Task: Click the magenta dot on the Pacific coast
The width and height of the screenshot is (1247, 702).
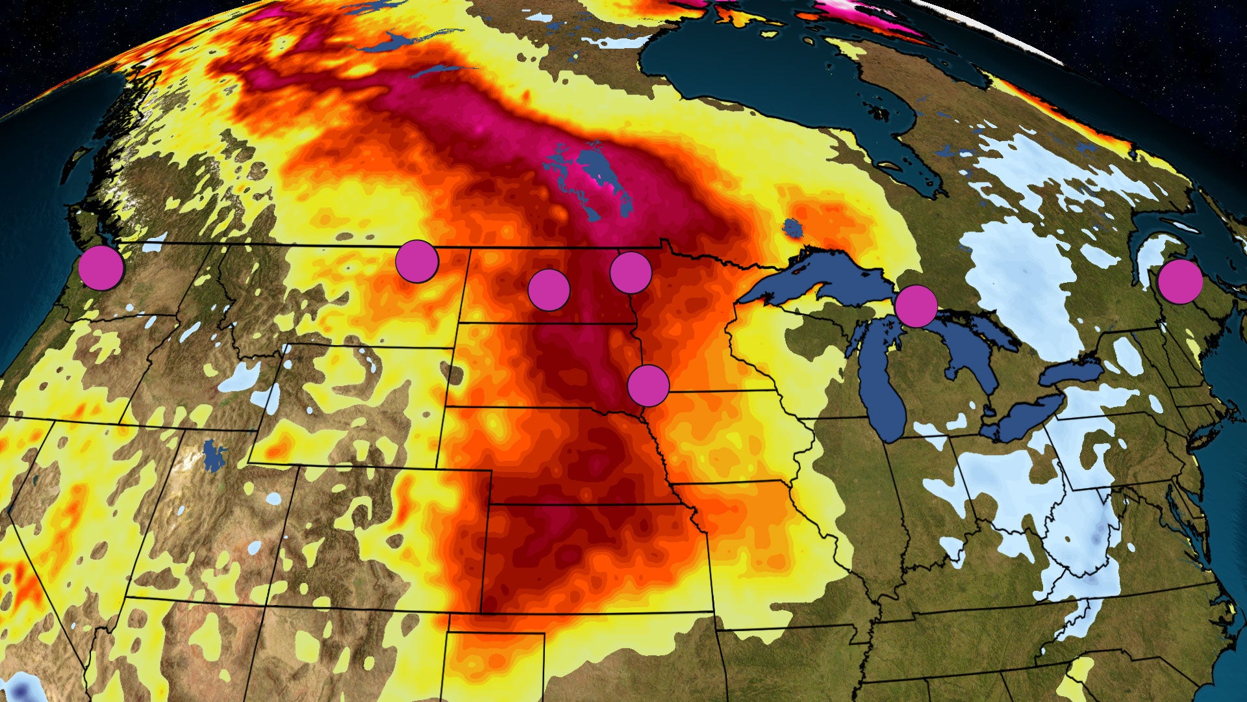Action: coord(101,268)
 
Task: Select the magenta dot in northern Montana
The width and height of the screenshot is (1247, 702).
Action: coord(417,261)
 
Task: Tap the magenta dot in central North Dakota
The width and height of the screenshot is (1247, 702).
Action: coord(549,290)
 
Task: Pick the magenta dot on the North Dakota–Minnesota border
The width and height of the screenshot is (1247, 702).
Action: coord(631,272)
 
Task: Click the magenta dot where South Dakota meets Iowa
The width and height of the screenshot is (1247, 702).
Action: coord(648,386)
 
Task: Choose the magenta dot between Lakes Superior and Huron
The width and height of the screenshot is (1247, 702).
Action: coord(916,305)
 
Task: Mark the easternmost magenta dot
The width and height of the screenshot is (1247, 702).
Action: coord(1179,282)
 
